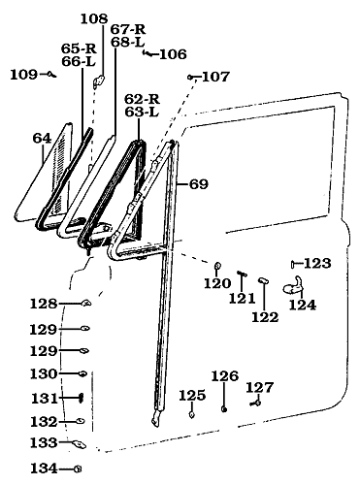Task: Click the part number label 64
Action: click(x=41, y=139)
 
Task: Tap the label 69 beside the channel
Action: click(x=198, y=183)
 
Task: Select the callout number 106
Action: click(x=173, y=54)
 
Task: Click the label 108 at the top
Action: click(x=94, y=18)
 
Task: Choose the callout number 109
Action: click(x=23, y=75)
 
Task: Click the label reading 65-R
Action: click(x=79, y=48)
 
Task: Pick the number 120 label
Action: click(x=217, y=283)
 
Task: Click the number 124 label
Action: click(x=303, y=306)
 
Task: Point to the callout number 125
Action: click(x=192, y=395)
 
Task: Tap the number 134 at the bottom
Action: click(x=44, y=469)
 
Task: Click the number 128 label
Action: click(x=44, y=304)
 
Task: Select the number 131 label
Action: click(x=44, y=398)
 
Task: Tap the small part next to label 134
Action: click(x=76, y=469)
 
